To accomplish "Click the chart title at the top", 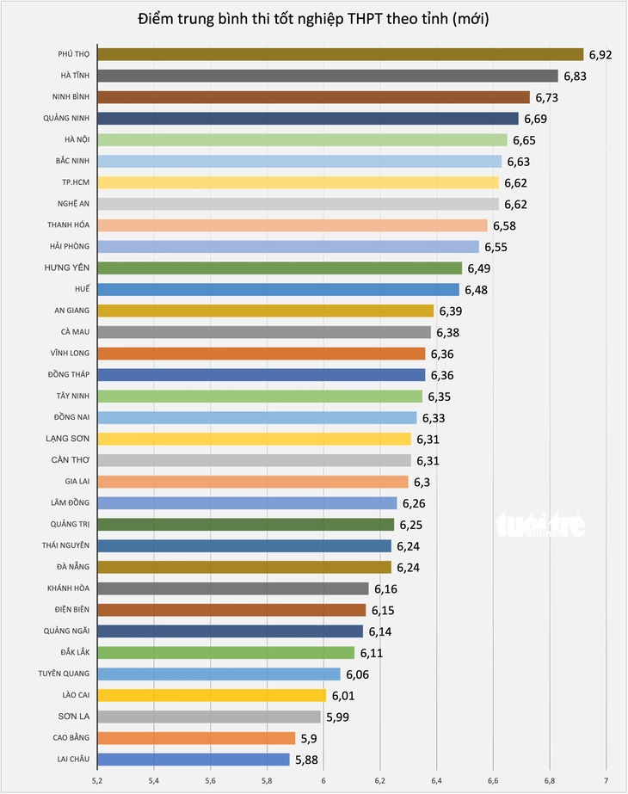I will coord(313,19).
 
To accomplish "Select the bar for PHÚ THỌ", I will coord(340,54).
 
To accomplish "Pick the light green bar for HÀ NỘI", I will coord(302,139).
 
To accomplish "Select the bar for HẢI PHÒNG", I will coord(287,247).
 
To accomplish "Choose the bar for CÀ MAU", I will coord(263,332).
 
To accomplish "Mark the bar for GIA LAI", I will coord(252,482).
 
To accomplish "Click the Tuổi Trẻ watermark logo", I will coord(539,525).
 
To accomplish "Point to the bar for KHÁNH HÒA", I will coord(232,588).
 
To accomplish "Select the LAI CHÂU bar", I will coord(193,760).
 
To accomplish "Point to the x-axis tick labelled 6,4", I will coord(436,780).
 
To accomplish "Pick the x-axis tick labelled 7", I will coord(606,780).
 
